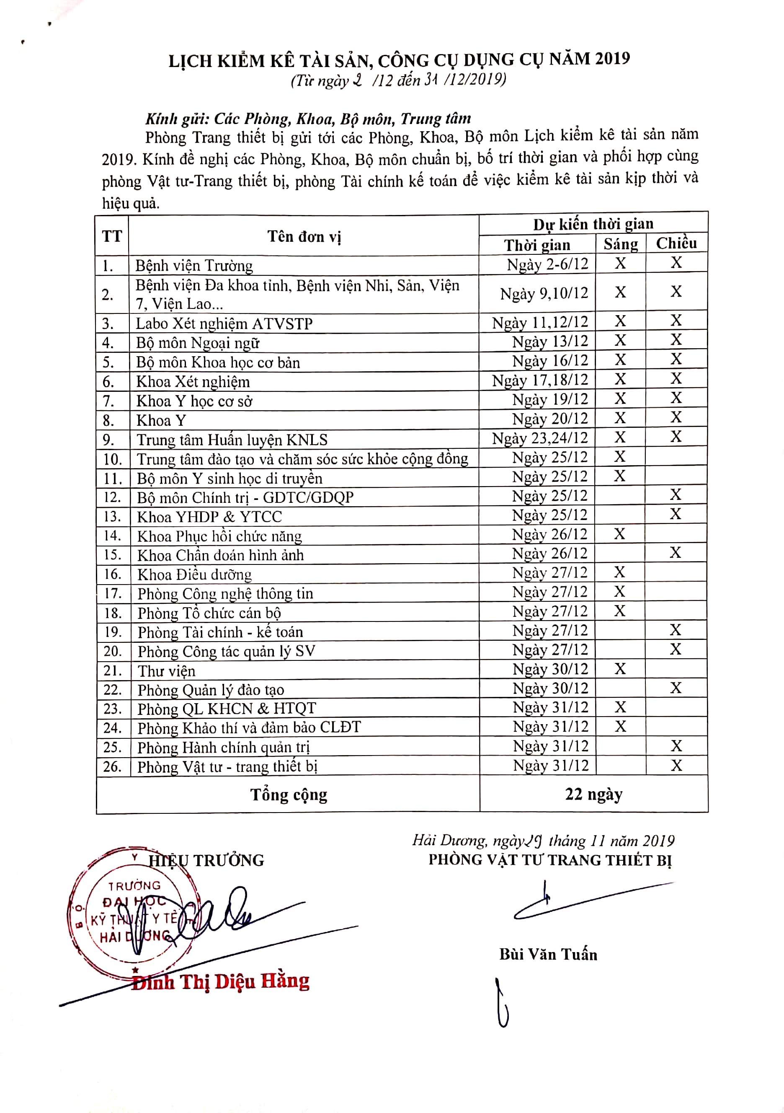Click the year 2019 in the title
612,59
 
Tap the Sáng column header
620,244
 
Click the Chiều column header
676,243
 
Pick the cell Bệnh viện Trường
194,266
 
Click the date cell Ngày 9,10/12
544,293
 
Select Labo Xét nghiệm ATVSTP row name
224,324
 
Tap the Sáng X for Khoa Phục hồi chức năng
619,534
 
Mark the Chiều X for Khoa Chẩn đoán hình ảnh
676,552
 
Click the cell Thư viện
166,671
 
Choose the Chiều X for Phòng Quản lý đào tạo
676,687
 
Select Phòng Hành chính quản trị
223,748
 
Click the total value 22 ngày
593,794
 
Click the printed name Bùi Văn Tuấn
548,955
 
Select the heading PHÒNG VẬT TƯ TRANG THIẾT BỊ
550,860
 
